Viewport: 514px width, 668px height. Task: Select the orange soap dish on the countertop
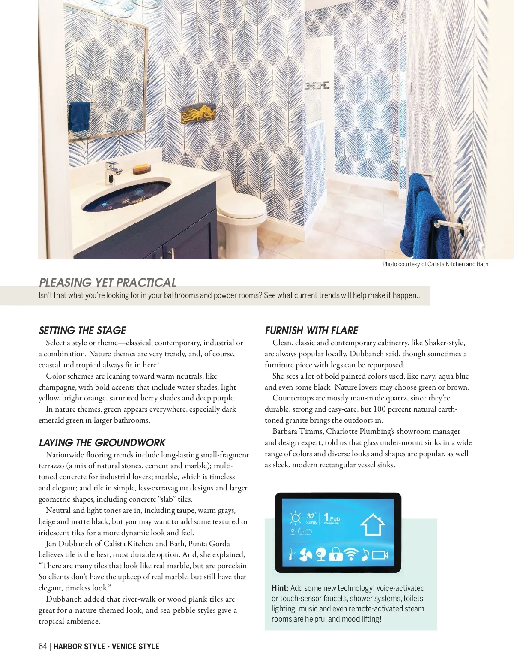142,169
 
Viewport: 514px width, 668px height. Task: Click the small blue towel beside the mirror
79,116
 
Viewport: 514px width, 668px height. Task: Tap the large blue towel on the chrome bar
422,214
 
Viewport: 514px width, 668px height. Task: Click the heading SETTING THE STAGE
82,331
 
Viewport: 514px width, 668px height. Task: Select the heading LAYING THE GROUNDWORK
102,443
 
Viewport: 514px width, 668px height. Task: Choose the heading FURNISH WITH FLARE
311,331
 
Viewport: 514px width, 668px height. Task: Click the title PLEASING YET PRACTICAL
108,283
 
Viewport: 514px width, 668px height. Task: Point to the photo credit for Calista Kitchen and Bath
435,264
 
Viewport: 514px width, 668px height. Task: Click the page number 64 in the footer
43,646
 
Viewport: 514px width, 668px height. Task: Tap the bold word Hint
280,588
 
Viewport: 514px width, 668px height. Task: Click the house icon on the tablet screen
372,525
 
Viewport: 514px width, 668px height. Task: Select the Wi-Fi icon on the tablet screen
351,554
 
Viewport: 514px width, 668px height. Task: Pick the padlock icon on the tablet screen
335,554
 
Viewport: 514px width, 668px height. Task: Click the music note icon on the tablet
365,554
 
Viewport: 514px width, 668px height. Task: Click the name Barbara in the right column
285,432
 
